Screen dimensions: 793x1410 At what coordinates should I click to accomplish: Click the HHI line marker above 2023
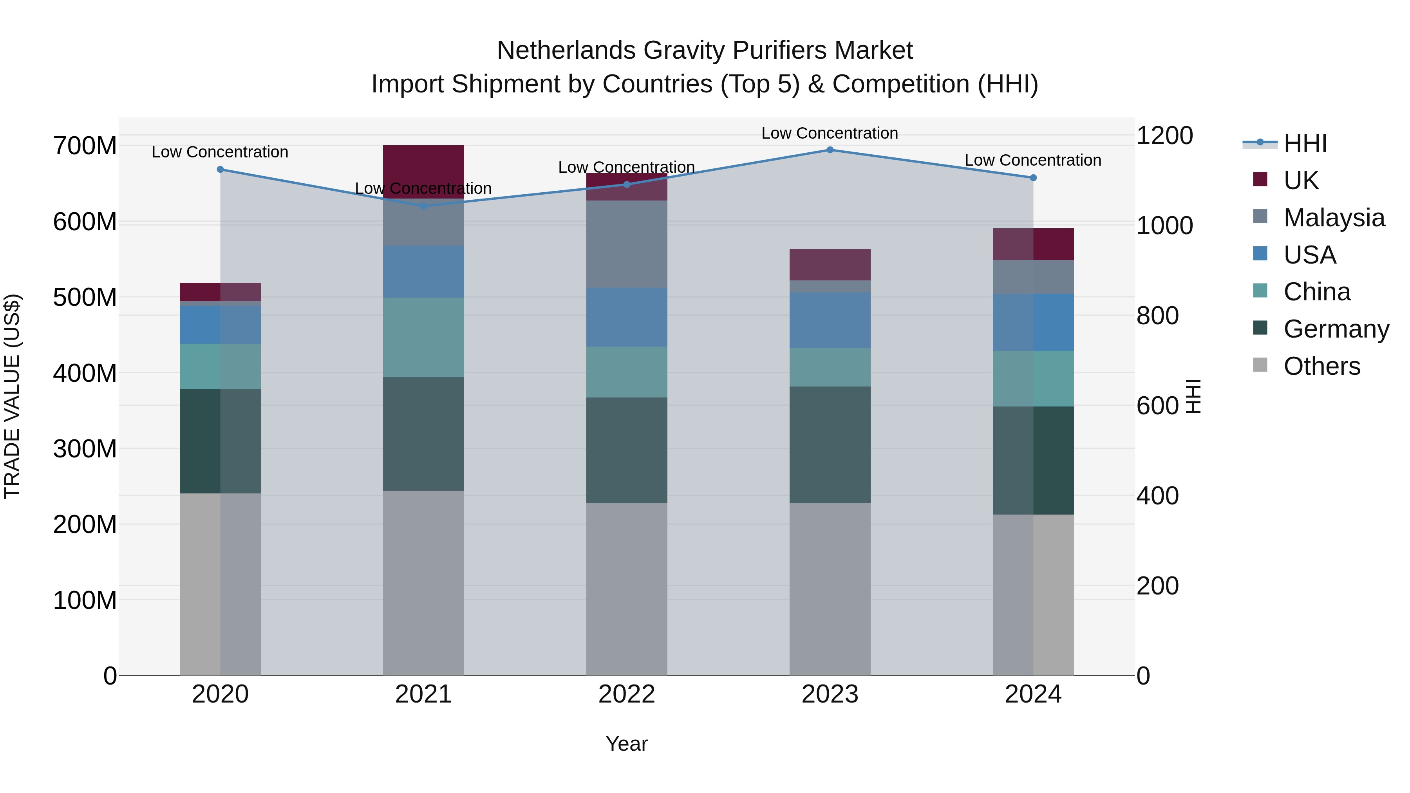[830, 150]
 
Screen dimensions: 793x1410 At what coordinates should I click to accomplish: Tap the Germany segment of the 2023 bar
[830, 444]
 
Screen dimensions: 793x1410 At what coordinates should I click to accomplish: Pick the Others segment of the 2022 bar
[627, 589]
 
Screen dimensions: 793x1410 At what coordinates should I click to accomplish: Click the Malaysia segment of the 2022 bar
[627, 244]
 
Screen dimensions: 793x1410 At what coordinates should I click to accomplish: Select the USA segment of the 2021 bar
[423, 271]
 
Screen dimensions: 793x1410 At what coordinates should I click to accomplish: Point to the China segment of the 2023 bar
[830, 367]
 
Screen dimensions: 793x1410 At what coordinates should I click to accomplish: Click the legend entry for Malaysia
[1333, 218]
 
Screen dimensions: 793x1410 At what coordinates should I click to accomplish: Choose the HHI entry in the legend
[1305, 143]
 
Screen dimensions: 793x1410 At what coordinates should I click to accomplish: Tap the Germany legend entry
[1336, 329]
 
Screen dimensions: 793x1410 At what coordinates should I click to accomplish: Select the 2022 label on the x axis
[627, 694]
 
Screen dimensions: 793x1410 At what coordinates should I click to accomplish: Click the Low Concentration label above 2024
[1033, 160]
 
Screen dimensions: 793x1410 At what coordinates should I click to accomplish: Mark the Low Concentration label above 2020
[220, 152]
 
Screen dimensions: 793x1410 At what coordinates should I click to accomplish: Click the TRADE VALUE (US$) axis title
[13, 396]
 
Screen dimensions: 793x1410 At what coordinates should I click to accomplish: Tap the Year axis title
[627, 744]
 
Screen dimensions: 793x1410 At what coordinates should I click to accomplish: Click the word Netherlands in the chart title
[566, 51]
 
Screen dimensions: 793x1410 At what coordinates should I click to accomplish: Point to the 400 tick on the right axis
[1157, 496]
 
